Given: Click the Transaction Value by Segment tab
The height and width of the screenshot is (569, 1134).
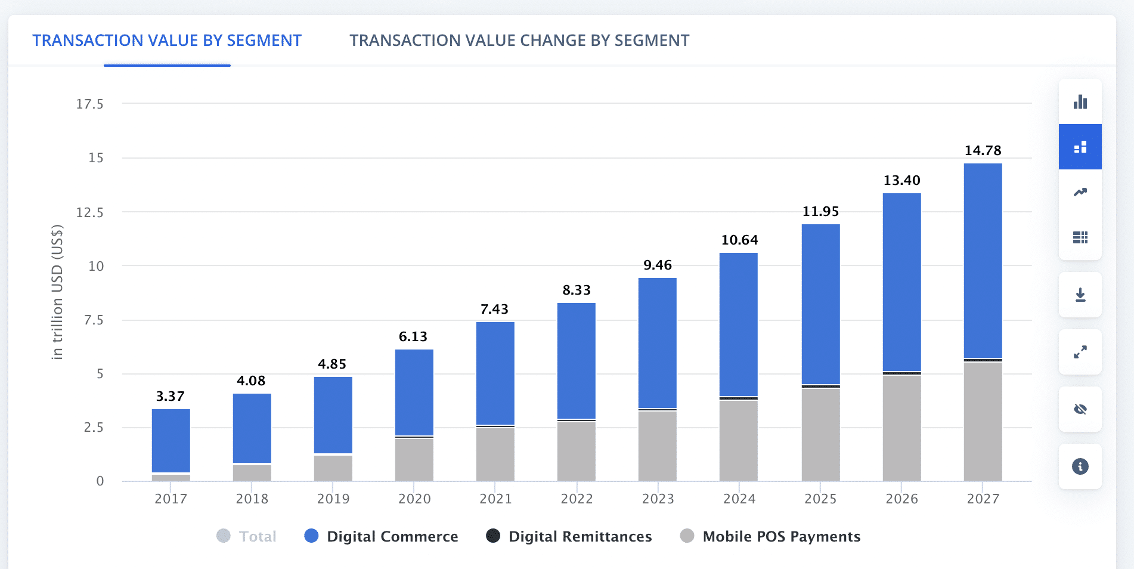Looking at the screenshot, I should [167, 41].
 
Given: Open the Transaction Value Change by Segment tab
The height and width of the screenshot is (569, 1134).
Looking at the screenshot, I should [519, 41].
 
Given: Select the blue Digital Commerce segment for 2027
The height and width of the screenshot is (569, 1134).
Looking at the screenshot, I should [983, 260].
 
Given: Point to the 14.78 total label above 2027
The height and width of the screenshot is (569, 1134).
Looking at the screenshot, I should [983, 151].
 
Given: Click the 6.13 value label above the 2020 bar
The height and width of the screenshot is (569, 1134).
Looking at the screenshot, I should [413, 337].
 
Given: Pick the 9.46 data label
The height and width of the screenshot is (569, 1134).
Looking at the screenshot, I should [658, 265].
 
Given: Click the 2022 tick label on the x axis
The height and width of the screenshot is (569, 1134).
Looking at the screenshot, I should [577, 499].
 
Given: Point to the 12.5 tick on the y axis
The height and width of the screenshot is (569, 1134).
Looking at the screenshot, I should [89, 212].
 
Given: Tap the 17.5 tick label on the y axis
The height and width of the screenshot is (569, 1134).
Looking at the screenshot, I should [89, 104].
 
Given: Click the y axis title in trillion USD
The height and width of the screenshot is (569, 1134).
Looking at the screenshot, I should [57, 292].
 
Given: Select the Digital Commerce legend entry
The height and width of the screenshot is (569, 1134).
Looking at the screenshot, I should [382, 536].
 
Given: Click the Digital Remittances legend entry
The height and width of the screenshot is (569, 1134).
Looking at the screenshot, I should [569, 536].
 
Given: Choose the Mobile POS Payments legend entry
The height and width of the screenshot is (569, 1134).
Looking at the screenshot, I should [770, 536].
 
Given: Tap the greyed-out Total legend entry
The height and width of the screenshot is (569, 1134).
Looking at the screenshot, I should [247, 536].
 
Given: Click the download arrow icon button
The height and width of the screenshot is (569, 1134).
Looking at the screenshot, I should [1080, 295].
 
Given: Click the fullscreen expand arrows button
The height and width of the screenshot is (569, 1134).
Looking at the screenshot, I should [1080, 352].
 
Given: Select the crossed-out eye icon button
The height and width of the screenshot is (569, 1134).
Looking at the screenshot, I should [1080, 409].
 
